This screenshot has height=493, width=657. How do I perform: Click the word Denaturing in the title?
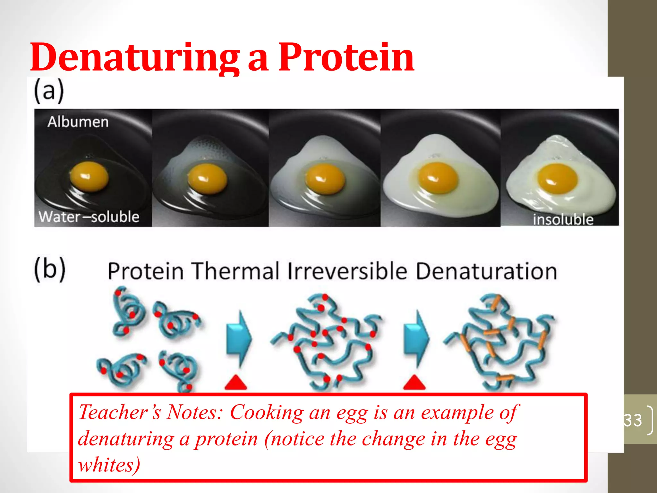(135, 58)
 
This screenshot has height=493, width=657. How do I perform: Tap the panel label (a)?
(49, 91)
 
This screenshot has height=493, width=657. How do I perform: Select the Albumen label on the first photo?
(78, 122)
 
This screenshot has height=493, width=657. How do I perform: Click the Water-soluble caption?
(89, 217)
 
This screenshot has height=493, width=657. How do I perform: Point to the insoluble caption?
(563, 220)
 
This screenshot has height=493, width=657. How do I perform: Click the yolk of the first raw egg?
(89, 177)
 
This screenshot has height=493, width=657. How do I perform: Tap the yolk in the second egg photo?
(207, 178)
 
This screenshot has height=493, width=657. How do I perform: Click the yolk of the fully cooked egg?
(557, 178)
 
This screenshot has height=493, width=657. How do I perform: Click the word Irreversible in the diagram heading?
(347, 271)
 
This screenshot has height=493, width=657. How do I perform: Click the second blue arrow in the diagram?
(416, 339)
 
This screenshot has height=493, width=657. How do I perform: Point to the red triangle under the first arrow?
(236, 383)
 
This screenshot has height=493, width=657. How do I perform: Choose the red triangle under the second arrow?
(414, 383)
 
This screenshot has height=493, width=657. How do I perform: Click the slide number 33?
(633, 420)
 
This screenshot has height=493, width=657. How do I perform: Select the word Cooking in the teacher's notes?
(267, 412)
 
